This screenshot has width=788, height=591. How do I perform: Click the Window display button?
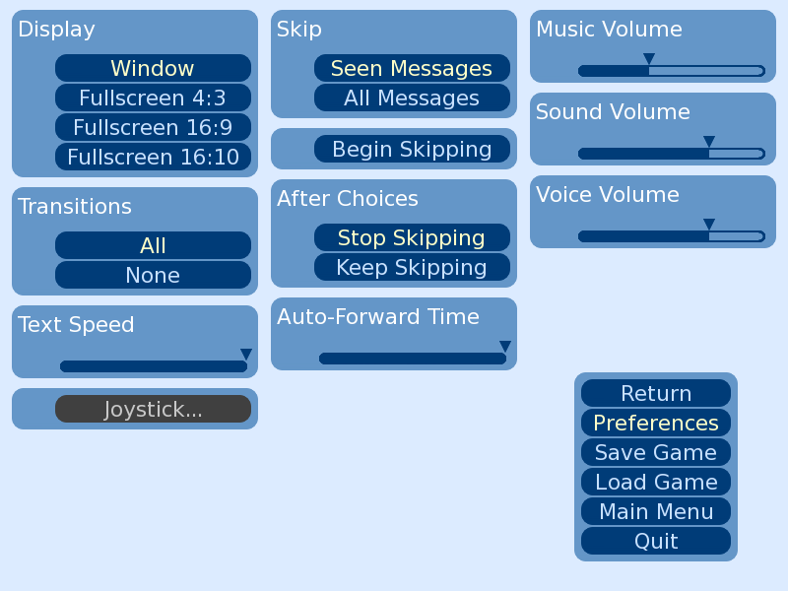coord(153,68)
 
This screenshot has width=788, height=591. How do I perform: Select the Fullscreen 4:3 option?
coord(153,98)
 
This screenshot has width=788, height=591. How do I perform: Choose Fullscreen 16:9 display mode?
coord(153,127)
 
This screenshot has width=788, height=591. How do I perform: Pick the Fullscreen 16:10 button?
coord(153,157)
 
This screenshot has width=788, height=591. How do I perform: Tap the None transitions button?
coord(153,275)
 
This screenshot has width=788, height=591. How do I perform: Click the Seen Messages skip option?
coord(412,68)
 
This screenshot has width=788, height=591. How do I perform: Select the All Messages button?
coord(412,98)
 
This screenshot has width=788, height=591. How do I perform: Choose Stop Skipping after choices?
coord(412,237)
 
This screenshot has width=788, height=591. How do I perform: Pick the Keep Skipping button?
coord(412,267)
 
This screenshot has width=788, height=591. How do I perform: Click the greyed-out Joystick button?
coord(153,409)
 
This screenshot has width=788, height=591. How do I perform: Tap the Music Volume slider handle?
coord(649,59)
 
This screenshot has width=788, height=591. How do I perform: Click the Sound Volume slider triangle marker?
coord(708,142)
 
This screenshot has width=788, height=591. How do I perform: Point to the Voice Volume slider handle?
coord(708,225)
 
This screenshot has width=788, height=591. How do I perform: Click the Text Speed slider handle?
coord(245,355)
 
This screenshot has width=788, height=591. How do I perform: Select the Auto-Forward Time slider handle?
coord(505,347)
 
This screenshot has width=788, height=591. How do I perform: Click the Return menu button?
coord(656,393)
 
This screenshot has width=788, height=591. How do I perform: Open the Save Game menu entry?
coord(656,452)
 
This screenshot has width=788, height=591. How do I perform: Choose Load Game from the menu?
coord(656,482)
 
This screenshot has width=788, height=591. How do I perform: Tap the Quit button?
coord(656,541)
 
